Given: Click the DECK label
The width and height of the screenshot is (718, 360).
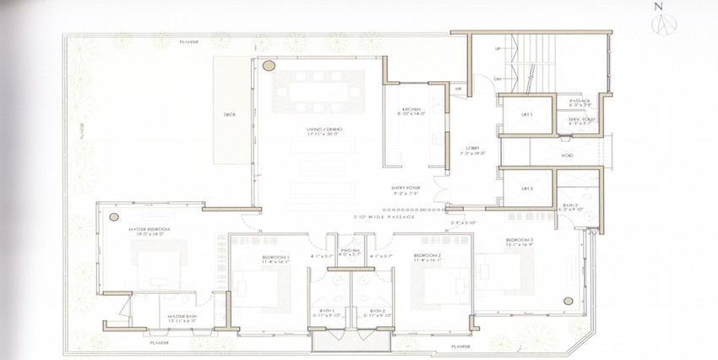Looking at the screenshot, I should click(229, 113).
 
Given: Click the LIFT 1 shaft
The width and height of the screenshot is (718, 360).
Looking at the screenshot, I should click(527, 114).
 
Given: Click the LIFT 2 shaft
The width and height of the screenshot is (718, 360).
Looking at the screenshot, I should click(527, 188).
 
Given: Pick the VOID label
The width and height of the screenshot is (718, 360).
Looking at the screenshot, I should click(568, 155).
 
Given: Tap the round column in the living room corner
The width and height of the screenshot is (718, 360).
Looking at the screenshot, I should click(269, 65).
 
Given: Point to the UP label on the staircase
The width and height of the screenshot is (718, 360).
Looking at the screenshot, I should click(498, 49).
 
